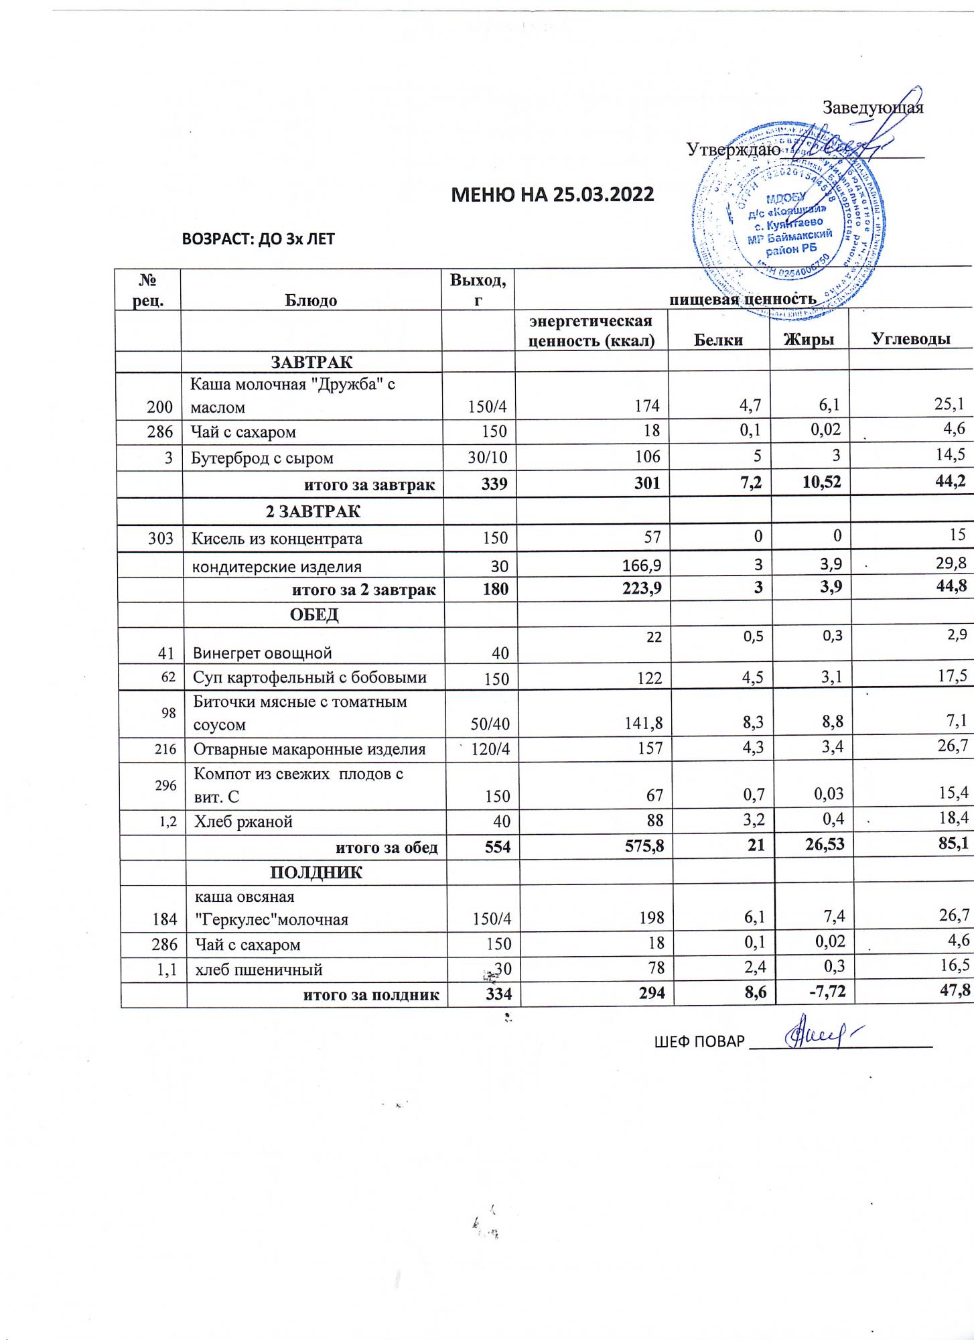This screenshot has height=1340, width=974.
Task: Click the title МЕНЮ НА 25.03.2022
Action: [553, 194]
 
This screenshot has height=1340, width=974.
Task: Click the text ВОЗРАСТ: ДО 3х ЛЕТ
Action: [259, 239]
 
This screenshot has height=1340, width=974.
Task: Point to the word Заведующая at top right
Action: [873, 107]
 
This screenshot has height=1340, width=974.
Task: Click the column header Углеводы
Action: [911, 340]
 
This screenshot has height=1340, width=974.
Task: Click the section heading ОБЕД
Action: [314, 615]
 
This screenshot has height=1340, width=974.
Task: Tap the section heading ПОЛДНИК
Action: [316, 873]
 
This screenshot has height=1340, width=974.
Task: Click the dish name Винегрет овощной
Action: [263, 653]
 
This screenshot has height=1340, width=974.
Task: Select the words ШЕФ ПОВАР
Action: [699, 1042]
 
